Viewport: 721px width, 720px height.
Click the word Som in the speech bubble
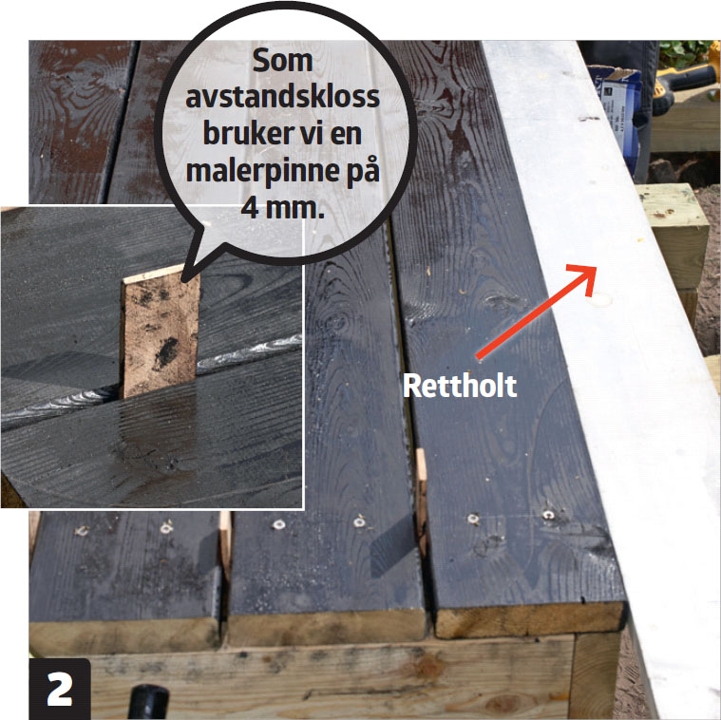282,61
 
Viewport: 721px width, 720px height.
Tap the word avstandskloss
283,97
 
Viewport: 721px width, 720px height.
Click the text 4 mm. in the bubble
282,208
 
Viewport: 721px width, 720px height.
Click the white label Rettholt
460,386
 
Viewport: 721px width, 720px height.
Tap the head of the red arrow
584,278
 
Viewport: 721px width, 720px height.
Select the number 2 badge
60,689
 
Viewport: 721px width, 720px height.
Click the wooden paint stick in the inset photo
160,332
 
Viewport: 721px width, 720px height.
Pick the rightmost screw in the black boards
548,515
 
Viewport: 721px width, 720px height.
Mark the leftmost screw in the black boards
82,531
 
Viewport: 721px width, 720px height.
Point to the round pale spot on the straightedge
600,301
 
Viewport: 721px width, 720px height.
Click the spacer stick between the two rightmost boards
421,497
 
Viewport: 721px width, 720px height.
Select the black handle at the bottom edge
148,702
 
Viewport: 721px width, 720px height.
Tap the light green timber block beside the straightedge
674,236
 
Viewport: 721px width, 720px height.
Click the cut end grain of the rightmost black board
529,619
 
